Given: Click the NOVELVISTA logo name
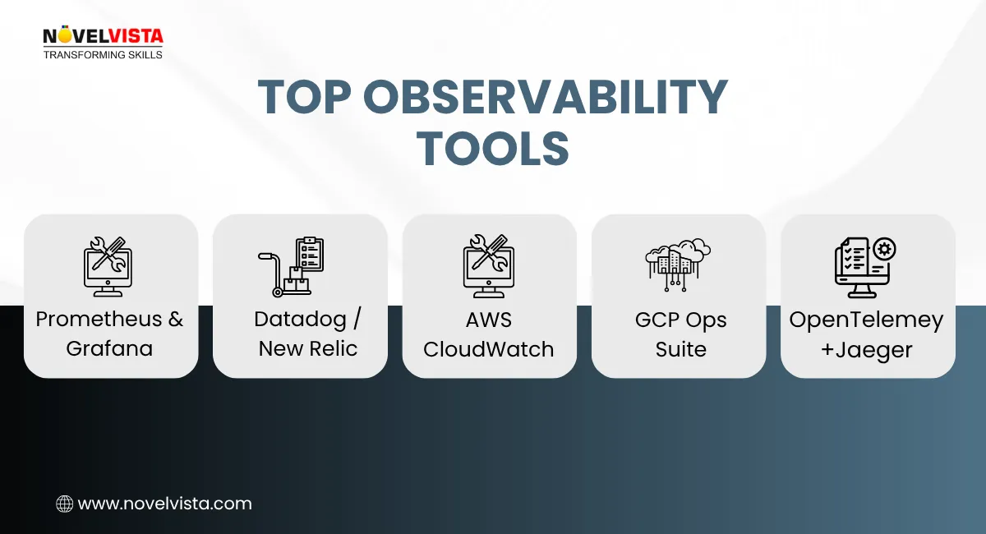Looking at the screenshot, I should pos(103,36).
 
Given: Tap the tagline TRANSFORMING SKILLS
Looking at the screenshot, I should pos(103,55).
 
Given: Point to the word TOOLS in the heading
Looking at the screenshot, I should pos(492,149).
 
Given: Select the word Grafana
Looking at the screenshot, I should pos(109,348).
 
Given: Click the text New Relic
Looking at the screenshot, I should pos(308,348).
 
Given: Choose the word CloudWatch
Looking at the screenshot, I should pos(489,348).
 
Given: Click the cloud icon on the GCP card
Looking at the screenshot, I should pos(678,262).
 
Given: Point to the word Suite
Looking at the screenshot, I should pos(680,348).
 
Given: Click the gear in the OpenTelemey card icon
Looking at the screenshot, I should pos(885,248).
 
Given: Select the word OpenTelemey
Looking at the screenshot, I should pos(866,320).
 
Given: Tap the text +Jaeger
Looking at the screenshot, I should pos(866,350).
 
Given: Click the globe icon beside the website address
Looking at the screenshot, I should pos(64,504).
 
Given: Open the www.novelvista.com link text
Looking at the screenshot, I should pos(164,504).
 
